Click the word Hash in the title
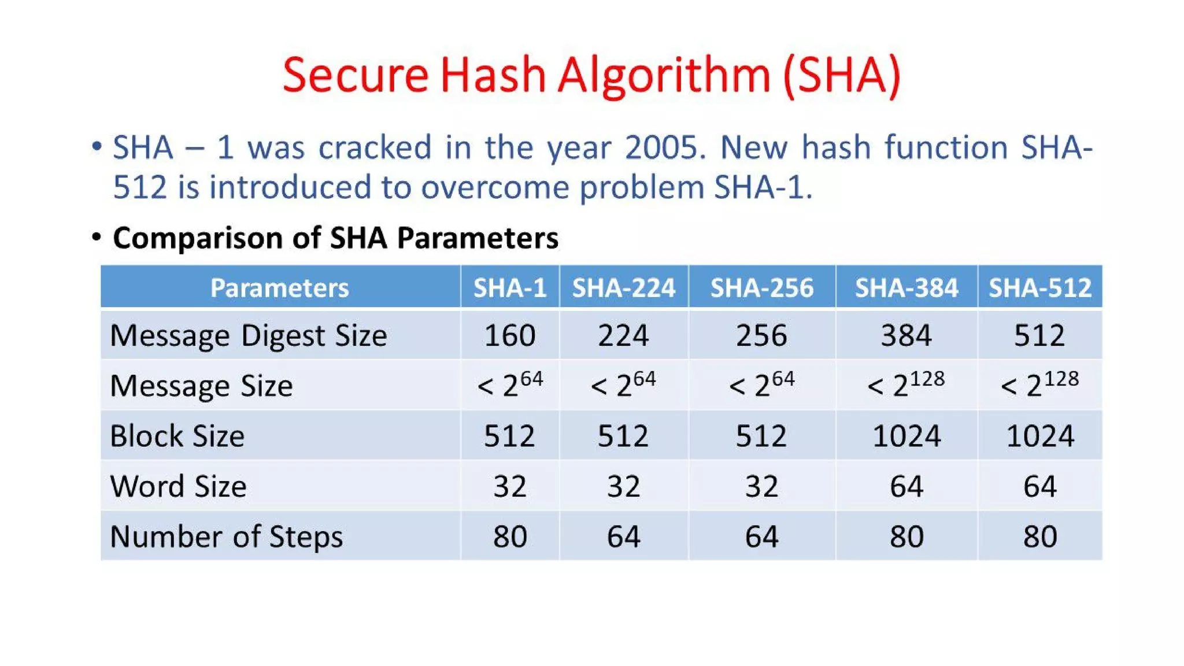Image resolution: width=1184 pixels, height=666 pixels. [493, 75]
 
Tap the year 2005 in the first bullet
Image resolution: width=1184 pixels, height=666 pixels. [665, 147]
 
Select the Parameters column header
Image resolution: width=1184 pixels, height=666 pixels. [280, 287]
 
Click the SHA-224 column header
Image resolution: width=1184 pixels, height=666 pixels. [624, 287]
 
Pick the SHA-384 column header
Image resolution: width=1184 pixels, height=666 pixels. [906, 287]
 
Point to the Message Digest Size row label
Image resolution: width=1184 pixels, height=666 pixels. [249, 335]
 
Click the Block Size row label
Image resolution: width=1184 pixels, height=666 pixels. [177, 435]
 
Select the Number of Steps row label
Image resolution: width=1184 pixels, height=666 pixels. [227, 536]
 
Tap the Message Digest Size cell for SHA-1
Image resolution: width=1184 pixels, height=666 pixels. [510, 335]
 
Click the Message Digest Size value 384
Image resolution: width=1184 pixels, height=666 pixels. [906, 335]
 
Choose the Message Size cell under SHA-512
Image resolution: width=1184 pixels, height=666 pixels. [1039, 385]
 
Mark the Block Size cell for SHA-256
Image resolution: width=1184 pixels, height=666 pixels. [761, 435]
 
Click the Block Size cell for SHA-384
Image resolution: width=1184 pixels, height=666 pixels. [906, 435]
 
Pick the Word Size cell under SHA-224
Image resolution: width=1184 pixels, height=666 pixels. [624, 486]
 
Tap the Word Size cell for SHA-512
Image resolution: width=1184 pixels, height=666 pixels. [1039, 486]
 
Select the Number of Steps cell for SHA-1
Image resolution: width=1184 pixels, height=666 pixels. [510, 536]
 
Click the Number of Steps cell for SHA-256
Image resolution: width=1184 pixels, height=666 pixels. [761, 536]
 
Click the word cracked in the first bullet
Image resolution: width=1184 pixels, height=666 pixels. [375, 147]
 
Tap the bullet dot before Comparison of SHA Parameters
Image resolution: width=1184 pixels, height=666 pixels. [97, 237]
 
